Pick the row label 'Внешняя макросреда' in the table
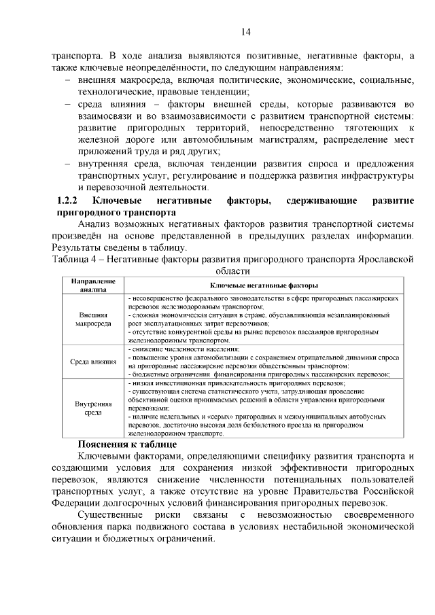(x=88, y=320)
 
